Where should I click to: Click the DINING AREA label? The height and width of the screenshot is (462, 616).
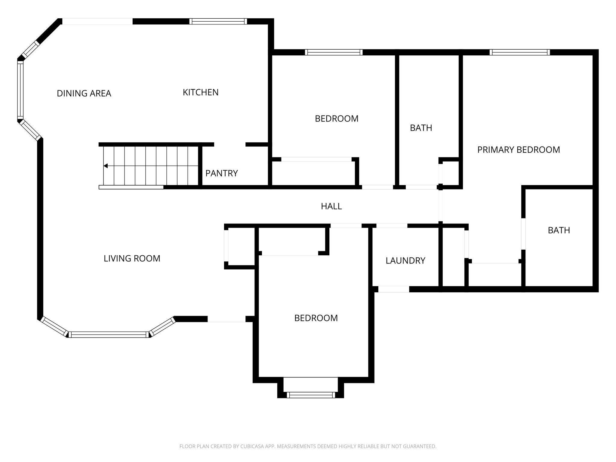coord(84,94)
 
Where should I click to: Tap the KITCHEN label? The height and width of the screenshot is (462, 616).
coord(201,92)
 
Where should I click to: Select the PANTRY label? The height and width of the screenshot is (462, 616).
coord(222,173)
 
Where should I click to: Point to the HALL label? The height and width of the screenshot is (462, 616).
coord(331,206)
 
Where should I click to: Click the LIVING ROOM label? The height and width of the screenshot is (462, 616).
coord(132,258)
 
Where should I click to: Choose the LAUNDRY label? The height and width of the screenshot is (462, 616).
coord(405,260)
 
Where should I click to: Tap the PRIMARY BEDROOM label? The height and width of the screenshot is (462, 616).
coord(519,150)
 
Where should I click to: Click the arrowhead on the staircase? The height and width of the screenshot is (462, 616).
coord(106,166)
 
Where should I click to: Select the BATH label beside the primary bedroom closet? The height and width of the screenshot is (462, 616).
coord(559,230)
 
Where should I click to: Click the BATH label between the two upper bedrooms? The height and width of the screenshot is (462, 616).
coord(421,128)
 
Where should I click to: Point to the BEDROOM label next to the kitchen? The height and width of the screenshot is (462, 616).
coord(337,119)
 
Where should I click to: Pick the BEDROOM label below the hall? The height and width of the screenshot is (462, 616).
coord(316,318)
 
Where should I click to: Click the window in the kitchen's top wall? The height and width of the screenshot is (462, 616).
coord(218,21)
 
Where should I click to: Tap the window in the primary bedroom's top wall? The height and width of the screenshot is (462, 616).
coord(520,52)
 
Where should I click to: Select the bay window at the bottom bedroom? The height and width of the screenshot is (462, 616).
coord(311,395)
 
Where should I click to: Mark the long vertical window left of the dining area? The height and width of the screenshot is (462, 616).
coord(20,90)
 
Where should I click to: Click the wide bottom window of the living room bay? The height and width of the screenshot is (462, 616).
coord(109,334)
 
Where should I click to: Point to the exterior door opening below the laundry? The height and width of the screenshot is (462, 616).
coord(394,289)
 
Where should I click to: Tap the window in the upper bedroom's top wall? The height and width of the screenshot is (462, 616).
coord(334,52)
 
